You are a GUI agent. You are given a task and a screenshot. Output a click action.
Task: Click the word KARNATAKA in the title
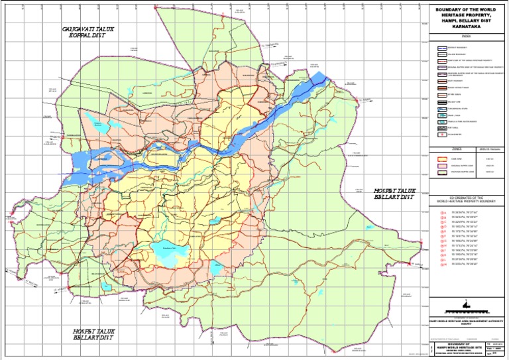pos(460,29)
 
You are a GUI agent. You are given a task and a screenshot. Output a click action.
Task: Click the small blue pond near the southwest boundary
pos(107,286)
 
